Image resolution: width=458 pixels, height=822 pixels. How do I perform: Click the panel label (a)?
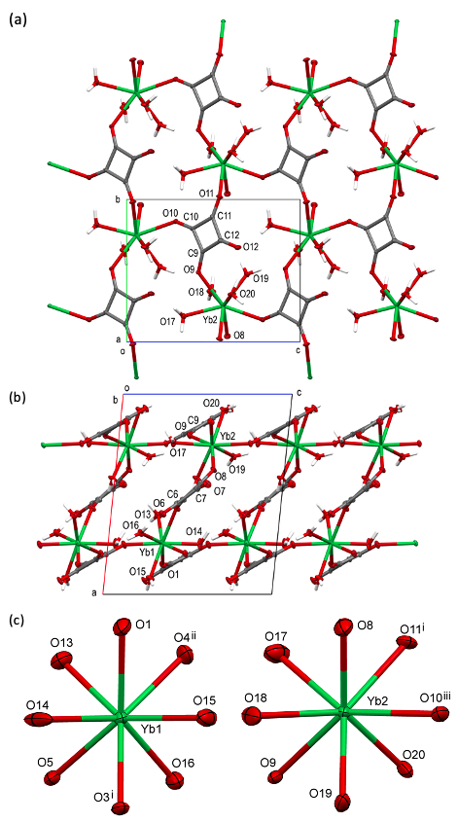point(18,20)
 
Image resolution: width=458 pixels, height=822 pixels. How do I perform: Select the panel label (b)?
point(18,397)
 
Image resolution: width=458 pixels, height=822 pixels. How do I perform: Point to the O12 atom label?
point(251,246)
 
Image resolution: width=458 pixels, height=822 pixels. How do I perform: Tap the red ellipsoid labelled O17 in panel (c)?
point(277,655)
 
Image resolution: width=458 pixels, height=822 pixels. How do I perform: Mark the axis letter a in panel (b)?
point(95,592)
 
